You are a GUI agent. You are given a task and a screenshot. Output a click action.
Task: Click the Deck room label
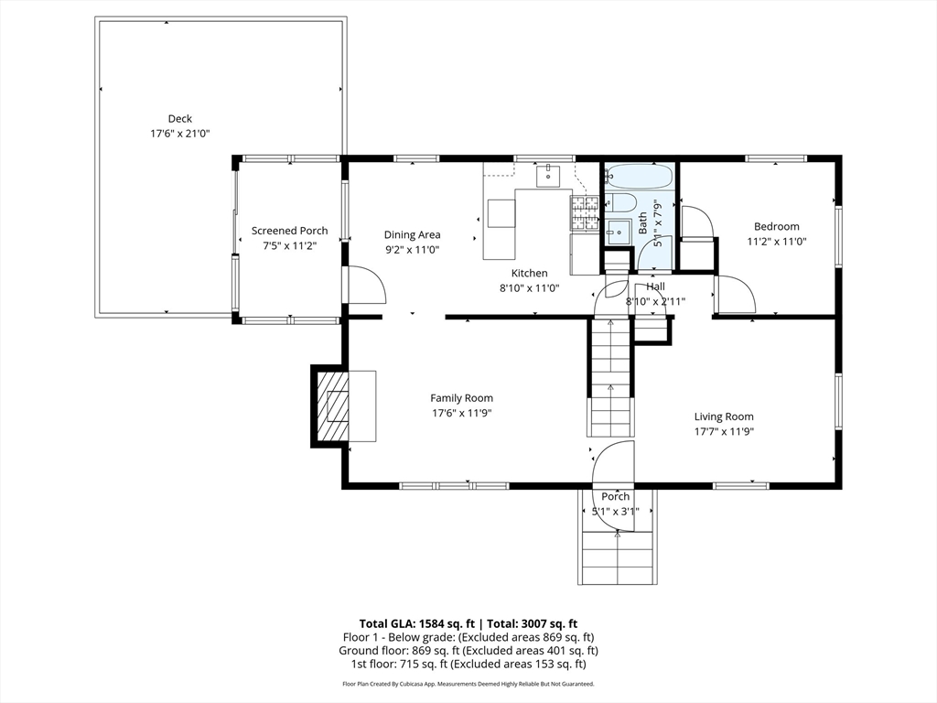tap(180, 119)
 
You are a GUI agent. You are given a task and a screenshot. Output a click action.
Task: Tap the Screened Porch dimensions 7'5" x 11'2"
tap(290, 245)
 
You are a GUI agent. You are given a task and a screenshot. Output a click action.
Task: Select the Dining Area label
tap(413, 235)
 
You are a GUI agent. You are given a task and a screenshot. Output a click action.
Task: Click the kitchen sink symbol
tap(548, 176)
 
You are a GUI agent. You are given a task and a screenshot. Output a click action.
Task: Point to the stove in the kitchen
tap(585, 213)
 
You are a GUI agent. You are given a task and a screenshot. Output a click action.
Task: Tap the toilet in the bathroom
tap(619, 202)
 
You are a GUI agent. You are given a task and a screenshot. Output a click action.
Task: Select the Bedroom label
tap(776, 227)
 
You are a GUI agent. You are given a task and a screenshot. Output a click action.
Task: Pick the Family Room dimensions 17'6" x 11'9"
tap(462, 413)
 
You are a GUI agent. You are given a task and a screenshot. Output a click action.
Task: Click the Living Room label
tap(724, 416)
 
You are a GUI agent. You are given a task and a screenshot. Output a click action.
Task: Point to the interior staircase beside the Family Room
tap(610, 378)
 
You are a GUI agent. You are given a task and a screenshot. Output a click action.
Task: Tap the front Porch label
tap(616, 496)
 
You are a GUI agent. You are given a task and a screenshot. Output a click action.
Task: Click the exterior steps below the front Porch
tap(618, 557)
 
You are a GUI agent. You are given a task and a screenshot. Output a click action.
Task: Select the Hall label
tap(655, 287)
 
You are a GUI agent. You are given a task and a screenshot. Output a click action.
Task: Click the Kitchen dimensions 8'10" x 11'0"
tap(530, 288)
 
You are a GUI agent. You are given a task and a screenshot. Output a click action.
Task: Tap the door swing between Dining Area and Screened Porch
tap(365, 286)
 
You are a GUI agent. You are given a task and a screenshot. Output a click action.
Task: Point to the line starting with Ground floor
tap(468, 651)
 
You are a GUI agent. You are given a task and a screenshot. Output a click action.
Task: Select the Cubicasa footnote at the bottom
tap(468, 684)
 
